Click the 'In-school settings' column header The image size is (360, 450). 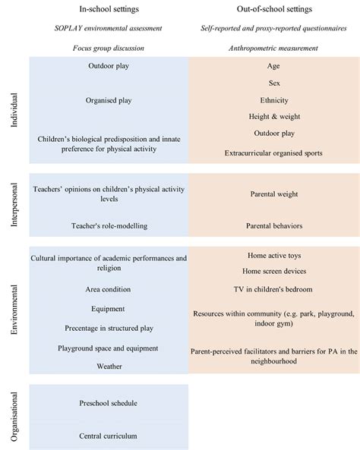pyautogui.click(x=108, y=9)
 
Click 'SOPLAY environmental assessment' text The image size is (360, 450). pyautogui.click(x=108, y=30)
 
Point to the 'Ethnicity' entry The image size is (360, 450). pyautogui.click(x=273, y=99)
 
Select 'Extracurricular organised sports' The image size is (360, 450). pyautogui.click(x=273, y=153)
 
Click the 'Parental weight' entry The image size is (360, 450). pyautogui.click(x=273, y=194)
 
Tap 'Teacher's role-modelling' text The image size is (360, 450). pyautogui.click(x=108, y=226)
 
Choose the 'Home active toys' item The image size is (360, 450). pyautogui.click(x=273, y=256)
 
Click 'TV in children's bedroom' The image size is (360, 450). pyautogui.click(x=273, y=289)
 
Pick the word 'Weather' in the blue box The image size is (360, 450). pyautogui.click(x=108, y=366)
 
